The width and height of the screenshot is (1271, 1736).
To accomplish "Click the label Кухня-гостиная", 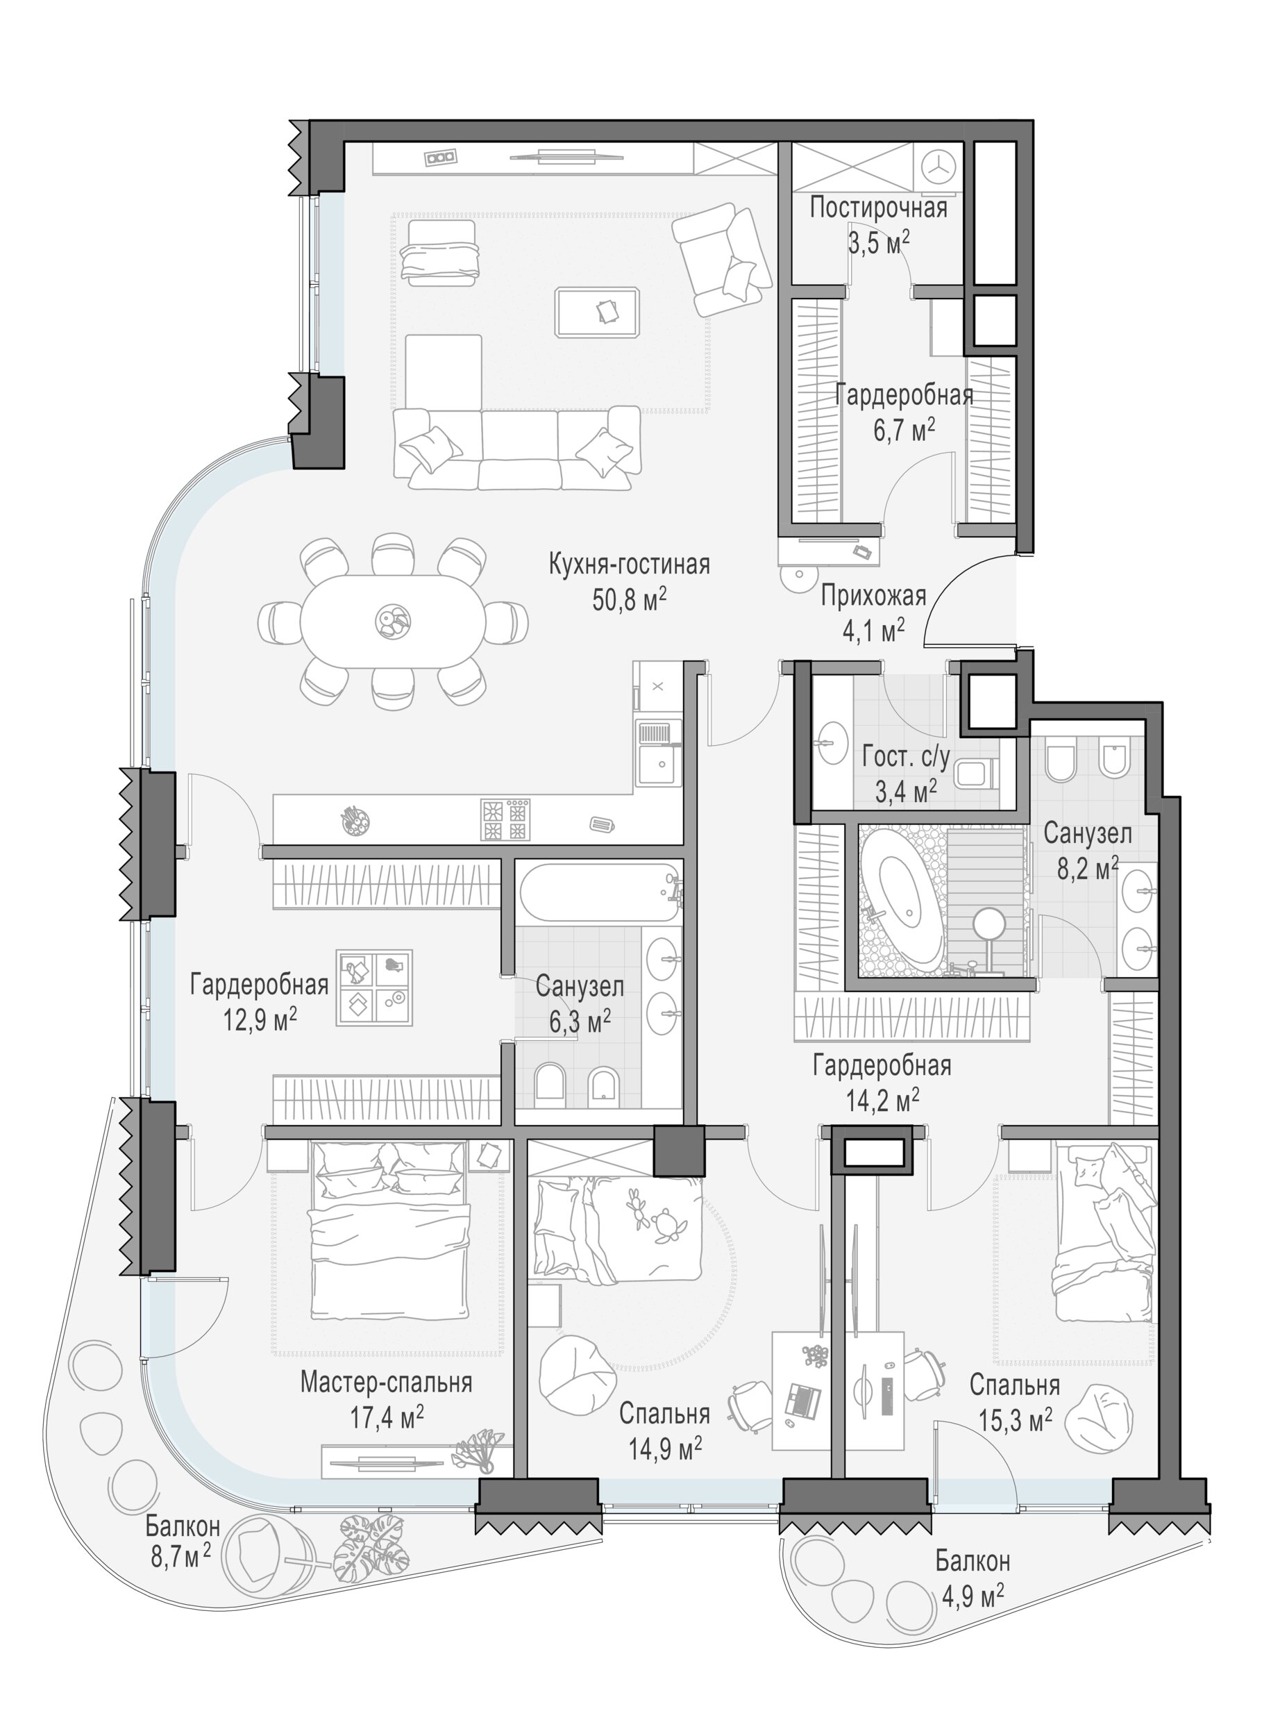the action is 629,565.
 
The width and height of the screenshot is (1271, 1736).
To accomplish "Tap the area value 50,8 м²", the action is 629,600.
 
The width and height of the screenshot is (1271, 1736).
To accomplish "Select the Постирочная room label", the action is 879,208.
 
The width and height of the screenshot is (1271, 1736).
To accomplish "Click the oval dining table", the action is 392,620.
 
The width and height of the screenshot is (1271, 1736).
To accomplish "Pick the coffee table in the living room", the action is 598,312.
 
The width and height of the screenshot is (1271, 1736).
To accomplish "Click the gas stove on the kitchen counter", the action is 506,819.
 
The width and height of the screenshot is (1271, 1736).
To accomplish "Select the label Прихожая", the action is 873,597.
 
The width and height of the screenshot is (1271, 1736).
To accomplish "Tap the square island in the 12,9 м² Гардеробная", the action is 375,987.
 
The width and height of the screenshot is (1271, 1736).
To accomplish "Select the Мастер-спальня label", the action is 386,1383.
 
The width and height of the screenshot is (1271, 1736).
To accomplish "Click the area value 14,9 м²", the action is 665,1450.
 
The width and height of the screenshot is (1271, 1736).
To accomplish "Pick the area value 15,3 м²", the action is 1016,1421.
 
